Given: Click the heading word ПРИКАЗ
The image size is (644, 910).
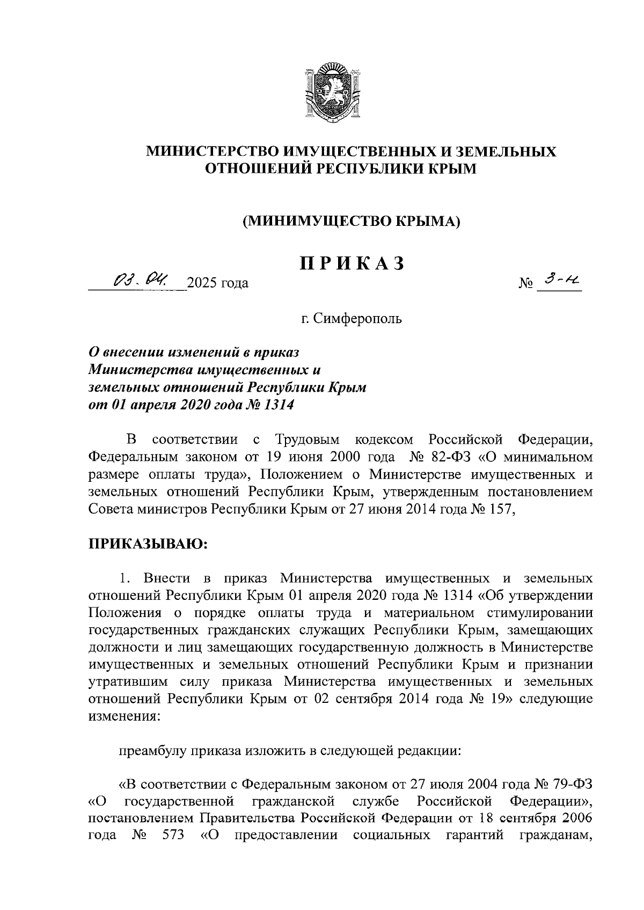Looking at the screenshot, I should click(352, 264).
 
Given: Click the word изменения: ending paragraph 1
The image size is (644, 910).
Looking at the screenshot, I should click(123, 716).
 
